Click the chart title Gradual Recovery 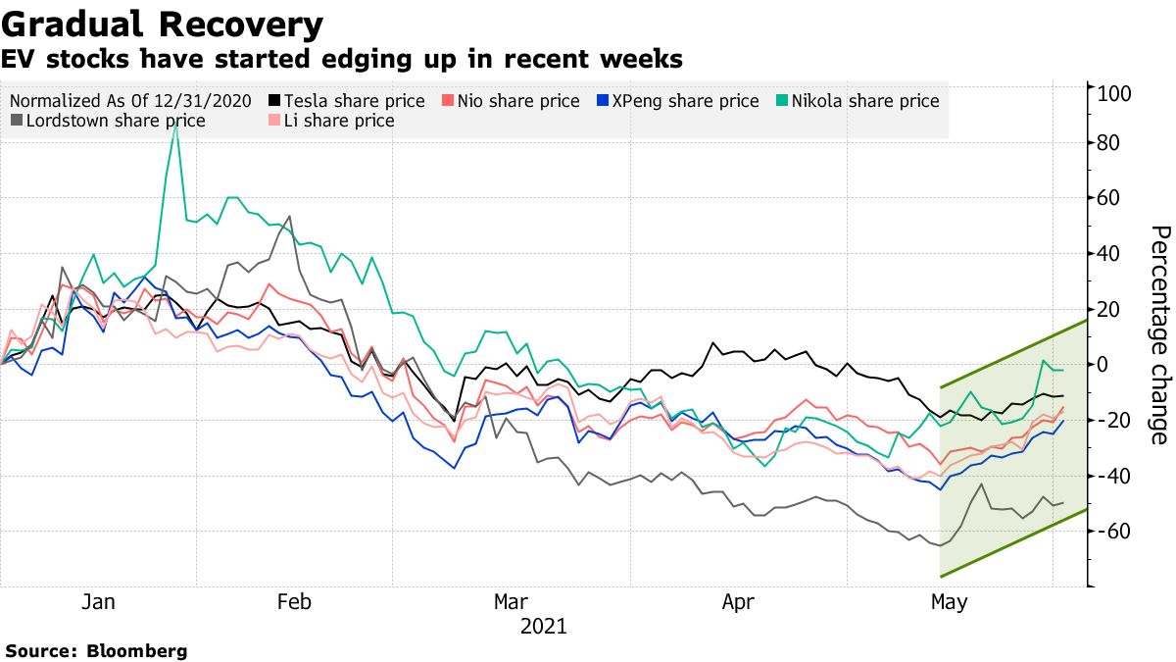click(x=163, y=24)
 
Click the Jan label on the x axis click(x=98, y=602)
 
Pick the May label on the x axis click(x=947, y=602)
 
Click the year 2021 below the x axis click(x=543, y=626)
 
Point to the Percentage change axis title click(x=1158, y=334)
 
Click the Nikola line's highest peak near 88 click(x=174, y=125)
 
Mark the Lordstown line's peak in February click(x=289, y=217)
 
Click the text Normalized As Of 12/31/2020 click(x=130, y=101)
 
